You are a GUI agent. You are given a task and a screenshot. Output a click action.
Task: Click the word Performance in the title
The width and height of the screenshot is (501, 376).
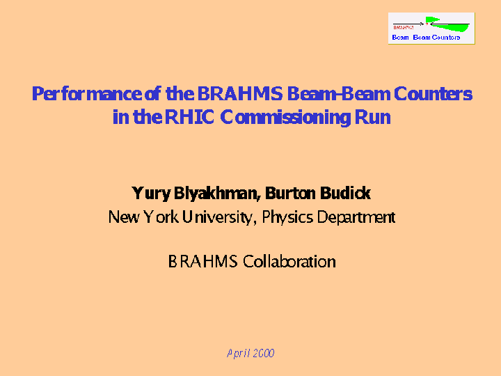click(87, 94)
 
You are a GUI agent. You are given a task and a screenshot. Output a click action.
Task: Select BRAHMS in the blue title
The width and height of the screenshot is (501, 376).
click(240, 93)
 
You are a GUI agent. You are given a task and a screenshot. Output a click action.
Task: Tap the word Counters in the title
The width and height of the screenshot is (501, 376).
click(433, 94)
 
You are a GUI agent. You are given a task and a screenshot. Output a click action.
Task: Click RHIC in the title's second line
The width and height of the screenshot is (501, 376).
click(189, 117)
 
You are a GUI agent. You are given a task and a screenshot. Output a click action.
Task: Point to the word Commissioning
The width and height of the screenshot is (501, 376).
click(285, 118)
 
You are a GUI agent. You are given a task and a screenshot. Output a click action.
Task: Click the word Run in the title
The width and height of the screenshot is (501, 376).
click(372, 118)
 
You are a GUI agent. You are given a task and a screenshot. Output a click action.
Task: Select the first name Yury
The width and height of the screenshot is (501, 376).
click(151, 194)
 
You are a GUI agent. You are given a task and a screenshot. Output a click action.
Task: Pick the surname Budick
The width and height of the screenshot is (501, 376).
click(345, 193)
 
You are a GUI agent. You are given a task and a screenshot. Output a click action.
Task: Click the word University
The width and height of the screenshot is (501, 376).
click(219, 217)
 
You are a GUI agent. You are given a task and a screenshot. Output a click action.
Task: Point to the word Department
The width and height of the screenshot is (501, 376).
click(356, 217)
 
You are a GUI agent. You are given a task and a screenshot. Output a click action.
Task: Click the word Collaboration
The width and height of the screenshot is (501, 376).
click(289, 262)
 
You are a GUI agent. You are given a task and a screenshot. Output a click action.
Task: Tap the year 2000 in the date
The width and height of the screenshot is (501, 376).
click(264, 353)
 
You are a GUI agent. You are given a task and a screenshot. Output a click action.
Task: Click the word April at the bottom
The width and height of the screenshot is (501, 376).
click(238, 354)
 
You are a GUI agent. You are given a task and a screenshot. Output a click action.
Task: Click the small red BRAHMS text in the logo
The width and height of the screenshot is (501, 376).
click(403, 28)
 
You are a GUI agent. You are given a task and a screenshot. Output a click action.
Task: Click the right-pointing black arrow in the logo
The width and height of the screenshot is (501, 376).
click(408, 24)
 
